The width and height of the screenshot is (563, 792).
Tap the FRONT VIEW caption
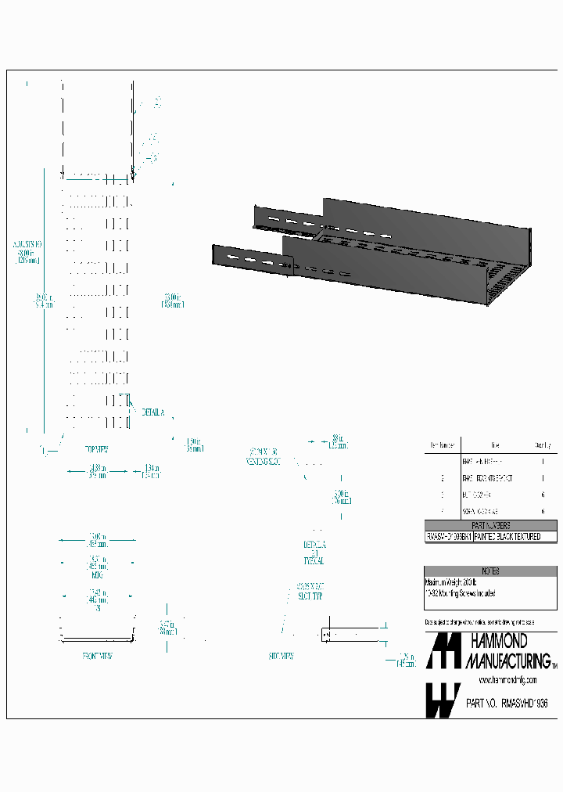(x=97, y=656)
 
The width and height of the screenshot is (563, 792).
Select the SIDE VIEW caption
(x=281, y=656)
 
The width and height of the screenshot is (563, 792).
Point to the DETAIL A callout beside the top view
(x=152, y=412)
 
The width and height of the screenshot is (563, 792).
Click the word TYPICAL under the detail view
(x=314, y=561)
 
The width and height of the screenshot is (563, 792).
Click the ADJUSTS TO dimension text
(x=27, y=244)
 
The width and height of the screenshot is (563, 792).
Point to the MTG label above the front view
(x=98, y=574)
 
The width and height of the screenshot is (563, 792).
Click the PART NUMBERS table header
(x=491, y=525)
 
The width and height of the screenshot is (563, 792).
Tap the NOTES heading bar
(x=491, y=571)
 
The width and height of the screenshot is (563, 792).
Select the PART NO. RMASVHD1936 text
(x=506, y=704)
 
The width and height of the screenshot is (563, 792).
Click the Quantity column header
(x=543, y=445)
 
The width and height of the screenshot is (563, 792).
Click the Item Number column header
(x=440, y=445)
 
